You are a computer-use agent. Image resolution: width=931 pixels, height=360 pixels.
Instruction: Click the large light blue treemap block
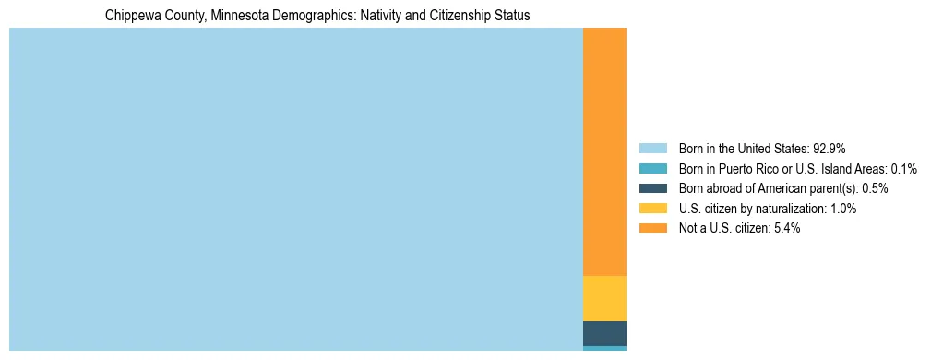click(x=295, y=189)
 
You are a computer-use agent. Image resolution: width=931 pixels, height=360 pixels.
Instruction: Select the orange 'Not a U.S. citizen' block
click(x=604, y=152)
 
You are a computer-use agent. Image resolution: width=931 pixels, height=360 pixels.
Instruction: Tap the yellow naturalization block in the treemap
click(x=604, y=298)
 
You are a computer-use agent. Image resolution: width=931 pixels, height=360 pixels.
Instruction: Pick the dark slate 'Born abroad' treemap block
click(x=604, y=333)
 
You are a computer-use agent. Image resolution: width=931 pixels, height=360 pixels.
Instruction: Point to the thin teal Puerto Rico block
click(x=604, y=348)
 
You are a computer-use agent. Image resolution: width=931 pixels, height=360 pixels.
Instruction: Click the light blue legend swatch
click(x=652, y=149)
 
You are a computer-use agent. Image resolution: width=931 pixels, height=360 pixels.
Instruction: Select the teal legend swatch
click(x=652, y=169)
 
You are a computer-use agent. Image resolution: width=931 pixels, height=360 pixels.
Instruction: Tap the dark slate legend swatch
click(x=652, y=188)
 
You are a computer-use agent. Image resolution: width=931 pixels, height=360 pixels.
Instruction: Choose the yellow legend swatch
click(x=652, y=209)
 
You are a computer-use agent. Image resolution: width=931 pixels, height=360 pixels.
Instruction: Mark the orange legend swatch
click(x=652, y=228)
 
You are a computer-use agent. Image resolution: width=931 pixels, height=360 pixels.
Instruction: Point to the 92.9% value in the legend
click(x=830, y=149)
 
